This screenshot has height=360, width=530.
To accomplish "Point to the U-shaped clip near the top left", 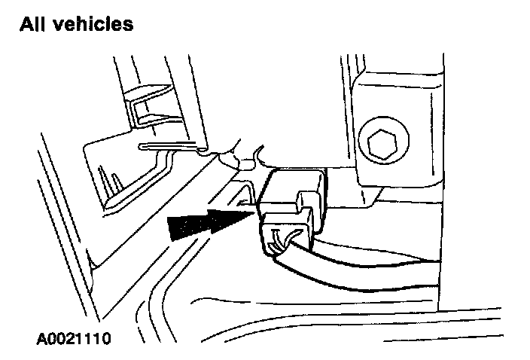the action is (x=151, y=109).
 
